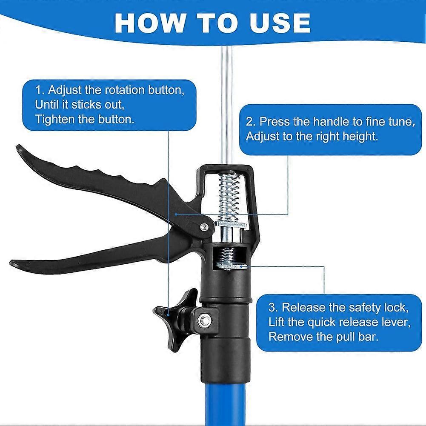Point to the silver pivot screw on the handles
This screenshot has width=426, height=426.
[x=205, y=227]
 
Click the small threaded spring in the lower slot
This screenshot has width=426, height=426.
[x=227, y=255]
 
